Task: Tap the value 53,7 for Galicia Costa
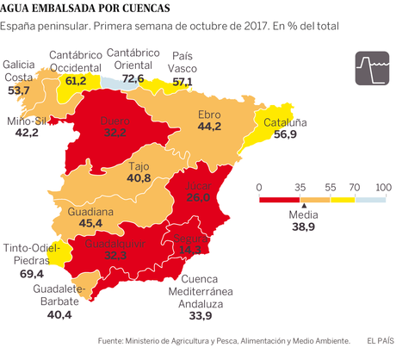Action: click(19, 90)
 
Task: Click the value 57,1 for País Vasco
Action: click(183, 82)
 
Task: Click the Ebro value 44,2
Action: click(210, 127)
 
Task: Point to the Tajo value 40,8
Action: click(139, 178)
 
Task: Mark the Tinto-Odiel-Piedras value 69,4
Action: click(31, 274)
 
